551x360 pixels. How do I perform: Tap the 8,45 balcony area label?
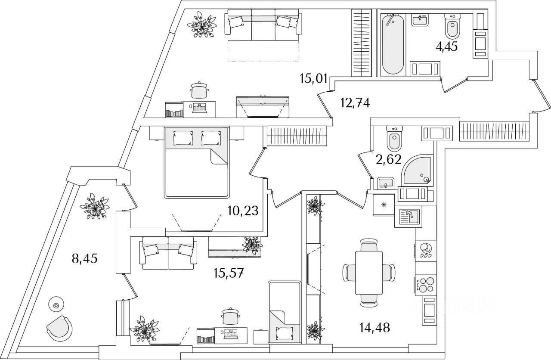(85, 259)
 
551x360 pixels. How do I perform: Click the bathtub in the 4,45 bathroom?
(393, 45)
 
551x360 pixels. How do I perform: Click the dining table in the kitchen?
(369, 272)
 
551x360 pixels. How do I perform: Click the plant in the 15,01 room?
(202, 25)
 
